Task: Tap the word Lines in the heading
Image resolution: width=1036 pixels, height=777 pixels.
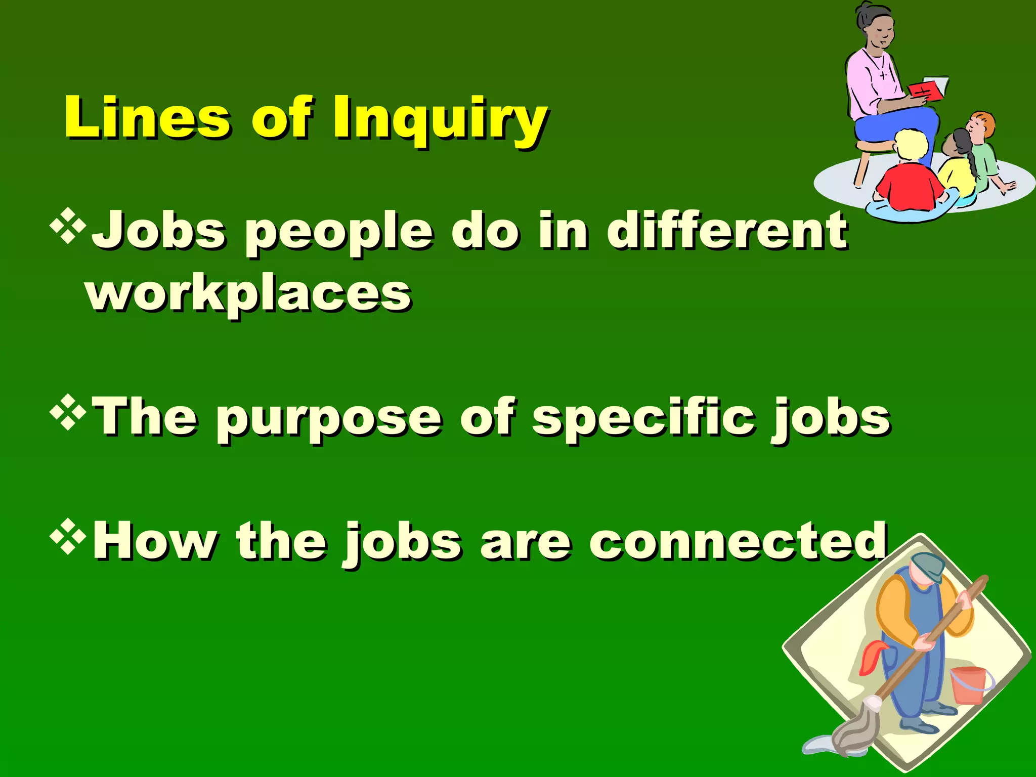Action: click(147, 117)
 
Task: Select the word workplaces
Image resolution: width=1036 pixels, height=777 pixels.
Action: click(248, 294)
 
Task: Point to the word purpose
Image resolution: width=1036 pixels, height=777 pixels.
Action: click(329, 420)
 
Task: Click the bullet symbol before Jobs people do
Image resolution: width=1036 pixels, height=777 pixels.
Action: click(68, 226)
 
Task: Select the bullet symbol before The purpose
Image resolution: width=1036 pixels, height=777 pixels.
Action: click(68, 412)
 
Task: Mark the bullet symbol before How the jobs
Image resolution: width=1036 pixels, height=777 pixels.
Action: click(68, 537)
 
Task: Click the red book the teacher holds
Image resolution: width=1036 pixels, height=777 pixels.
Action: click(926, 91)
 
